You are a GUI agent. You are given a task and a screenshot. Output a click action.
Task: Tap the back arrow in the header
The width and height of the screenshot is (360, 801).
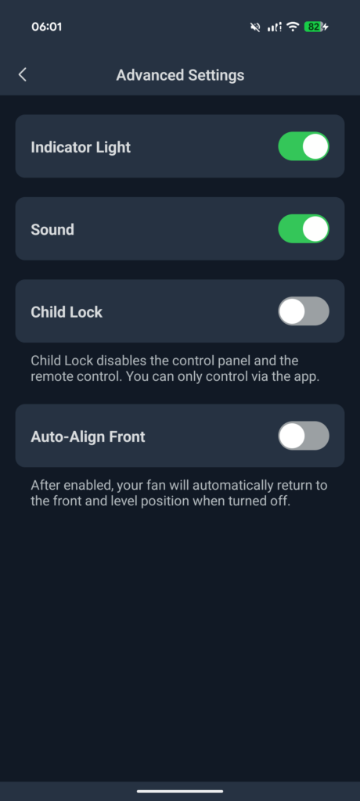pos(22,75)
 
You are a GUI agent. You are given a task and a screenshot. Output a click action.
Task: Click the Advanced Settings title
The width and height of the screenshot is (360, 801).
pos(180,75)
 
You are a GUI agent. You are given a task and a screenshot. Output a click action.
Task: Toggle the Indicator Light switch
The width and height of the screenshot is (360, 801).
pos(303,147)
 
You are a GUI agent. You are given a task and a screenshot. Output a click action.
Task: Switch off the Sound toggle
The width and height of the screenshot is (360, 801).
pos(303,229)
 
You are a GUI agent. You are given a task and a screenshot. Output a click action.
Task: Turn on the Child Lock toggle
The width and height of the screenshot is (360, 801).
pos(303,311)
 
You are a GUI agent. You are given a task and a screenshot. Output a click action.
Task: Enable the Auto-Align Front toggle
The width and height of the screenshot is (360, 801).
pos(303,436)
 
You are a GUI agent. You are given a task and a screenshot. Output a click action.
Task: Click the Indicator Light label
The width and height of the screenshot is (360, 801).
pos(81,148)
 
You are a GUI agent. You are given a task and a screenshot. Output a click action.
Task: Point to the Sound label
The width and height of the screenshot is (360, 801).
pos(52,229)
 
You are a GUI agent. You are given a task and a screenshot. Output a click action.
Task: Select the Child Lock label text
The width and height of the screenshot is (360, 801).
pos(67,312)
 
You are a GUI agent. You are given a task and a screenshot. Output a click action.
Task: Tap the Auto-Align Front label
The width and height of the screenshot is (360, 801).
pos(88,436)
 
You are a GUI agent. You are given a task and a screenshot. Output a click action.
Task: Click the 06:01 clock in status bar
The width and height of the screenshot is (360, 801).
pos(46,27)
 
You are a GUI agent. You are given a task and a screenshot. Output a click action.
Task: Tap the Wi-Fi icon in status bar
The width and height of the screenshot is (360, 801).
pos(293,27)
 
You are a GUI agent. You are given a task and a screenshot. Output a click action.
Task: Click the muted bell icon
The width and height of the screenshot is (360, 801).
pos(254,27)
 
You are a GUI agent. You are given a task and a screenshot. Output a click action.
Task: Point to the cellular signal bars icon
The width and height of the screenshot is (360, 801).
pos(275,27)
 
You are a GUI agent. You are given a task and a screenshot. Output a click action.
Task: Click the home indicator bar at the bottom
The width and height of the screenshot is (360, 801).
pos(180,792)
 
